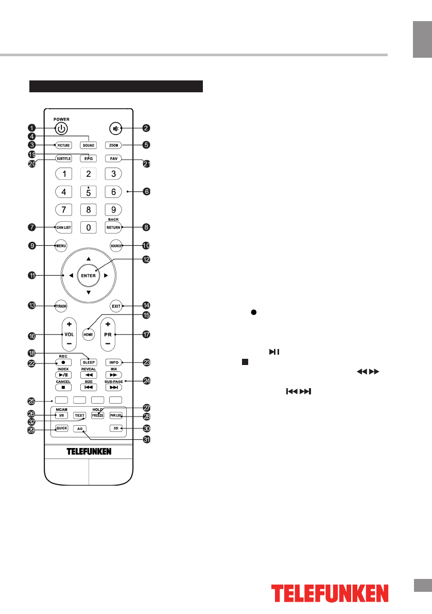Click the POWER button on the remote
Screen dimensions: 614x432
click(61, 129)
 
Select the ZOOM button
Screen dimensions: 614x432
click(113, 145)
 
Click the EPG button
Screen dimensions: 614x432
click(88, 159)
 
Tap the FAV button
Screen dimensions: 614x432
click(113, 159)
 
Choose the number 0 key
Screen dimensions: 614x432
click(88, 227)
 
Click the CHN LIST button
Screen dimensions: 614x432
click(63, 227)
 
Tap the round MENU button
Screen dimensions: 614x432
click(61, 246)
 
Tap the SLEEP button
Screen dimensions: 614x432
click(88, 362)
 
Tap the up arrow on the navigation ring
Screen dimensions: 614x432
click(88, 258)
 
